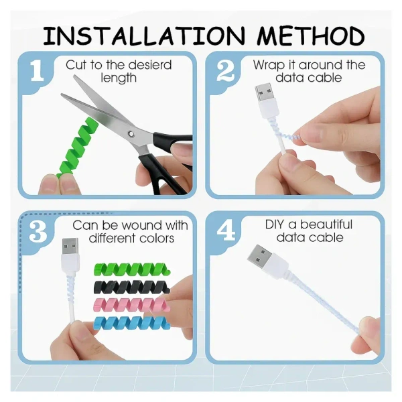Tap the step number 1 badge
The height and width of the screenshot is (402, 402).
(x=38, y=72)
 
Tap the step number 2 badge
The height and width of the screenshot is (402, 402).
(x=226, y=72)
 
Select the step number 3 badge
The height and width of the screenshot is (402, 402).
(x=38, y=232)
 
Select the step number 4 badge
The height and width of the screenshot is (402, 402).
(x=226, y=232)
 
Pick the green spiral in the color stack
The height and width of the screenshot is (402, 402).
(x=131, y=271)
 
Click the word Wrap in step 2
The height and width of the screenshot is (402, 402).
(x=268, y=65)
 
